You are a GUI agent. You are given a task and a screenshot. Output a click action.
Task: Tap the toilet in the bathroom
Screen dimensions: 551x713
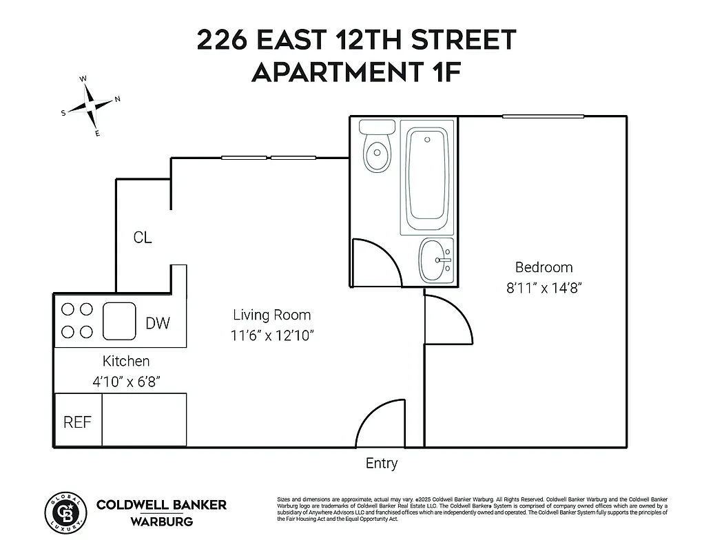pyautogui.click(x=377, y=147)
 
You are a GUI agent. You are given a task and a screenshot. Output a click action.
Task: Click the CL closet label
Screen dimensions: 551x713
pyautogui.click(x=143, y=238)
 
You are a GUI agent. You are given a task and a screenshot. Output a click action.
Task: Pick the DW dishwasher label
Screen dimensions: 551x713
pyautogui.click(x=158, y=323)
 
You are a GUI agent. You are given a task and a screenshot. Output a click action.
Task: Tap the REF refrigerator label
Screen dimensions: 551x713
pyautogui.click(x=77, y=422)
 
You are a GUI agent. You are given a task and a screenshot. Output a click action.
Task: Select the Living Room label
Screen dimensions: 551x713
pyautogui.click(x=271, y=315)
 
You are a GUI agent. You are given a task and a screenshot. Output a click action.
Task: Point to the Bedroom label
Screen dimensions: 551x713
pyautogui.click(x=544, y=267)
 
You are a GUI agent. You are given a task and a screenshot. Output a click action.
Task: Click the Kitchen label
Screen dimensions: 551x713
pyautogui.click(x=126, y=361)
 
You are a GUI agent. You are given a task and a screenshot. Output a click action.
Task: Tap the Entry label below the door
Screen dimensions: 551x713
pyautogui.click(x=382, y=464)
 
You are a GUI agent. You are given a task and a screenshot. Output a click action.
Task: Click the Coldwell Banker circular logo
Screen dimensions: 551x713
pyautogui.click(x=66, y=513)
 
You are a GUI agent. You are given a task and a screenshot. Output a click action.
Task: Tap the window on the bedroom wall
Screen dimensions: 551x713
pyautogui.click(x=543, y=116)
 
